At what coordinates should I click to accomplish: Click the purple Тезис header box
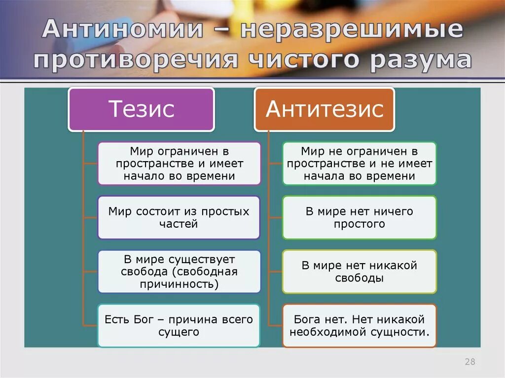[x=141, y=109]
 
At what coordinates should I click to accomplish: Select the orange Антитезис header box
[x=325, y=109]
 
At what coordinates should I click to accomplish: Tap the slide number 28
[x=469, y=362]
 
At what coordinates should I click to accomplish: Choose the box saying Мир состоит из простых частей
[x=179, y=217]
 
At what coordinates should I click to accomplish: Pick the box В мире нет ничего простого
[x=359, y=217]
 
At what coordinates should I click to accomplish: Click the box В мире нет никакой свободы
[x=359, y=272]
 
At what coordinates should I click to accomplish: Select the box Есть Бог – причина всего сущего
[x=179, y=325]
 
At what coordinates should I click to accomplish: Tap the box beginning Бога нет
[x=359, y=325]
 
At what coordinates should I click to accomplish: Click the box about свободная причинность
[x=179, y=272]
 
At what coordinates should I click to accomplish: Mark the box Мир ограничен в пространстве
[x=179, y=163]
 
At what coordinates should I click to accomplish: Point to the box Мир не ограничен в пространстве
[x=359, y=163]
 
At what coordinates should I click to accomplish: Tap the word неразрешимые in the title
[x=352, y=30]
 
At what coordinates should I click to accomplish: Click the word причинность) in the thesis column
[x=179, y=284]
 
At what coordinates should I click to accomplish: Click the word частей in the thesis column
[x=179, y=224]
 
